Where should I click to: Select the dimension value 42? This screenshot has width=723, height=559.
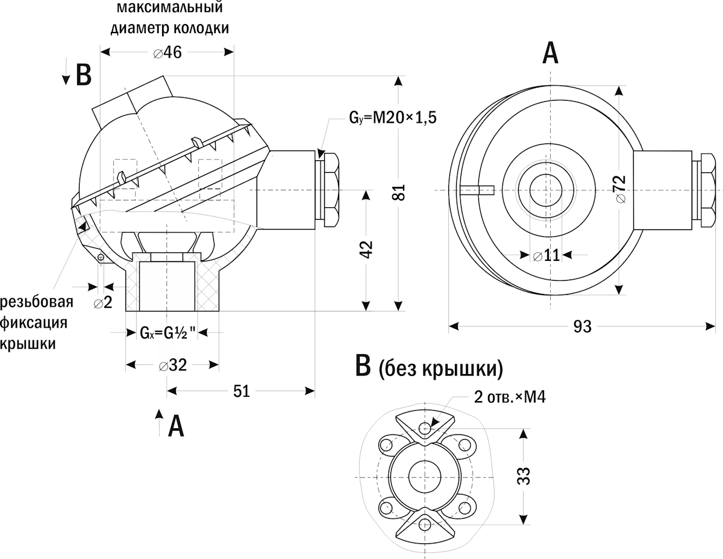click(367, 249)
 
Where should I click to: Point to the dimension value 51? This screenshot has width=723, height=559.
click(241, 392)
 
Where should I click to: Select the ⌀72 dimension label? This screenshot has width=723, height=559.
click(620, 190)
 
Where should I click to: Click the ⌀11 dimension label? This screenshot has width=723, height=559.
click(546, 255)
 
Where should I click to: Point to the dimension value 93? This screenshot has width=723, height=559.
click(582, 326)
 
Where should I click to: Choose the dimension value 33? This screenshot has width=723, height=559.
click(524, 476)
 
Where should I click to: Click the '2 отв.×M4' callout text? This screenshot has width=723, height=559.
click(509, 398)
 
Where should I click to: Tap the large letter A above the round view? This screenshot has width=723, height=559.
click(550, 54)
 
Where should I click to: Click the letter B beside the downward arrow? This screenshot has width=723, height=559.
click(83, 75)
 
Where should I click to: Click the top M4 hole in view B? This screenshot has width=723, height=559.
click(427, 429)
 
